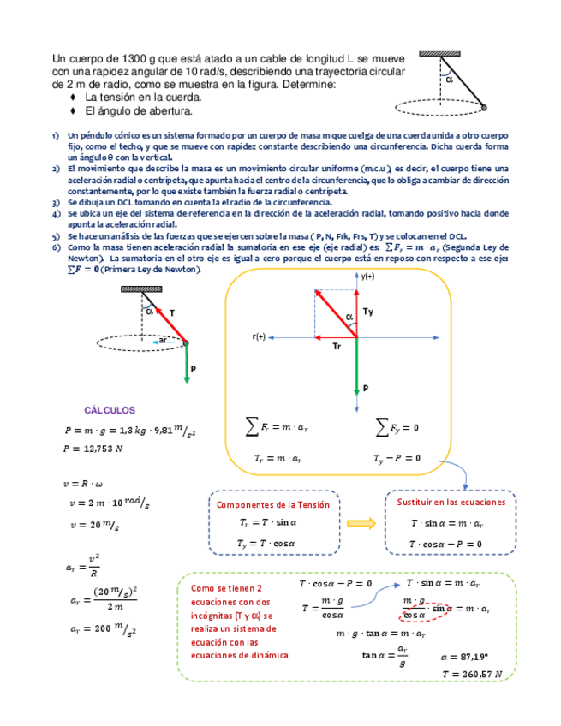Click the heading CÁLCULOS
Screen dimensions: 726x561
[110, 410]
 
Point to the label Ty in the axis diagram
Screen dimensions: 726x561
[368, 312]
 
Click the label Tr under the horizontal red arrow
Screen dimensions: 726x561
[337, 346]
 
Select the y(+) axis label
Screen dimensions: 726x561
[367, 277]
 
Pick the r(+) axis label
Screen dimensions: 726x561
[259, 336]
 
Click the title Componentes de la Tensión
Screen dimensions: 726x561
[272, 505]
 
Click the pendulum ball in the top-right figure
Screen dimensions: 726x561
[484, 108]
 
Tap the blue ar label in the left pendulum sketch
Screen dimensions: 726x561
[163, 341]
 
